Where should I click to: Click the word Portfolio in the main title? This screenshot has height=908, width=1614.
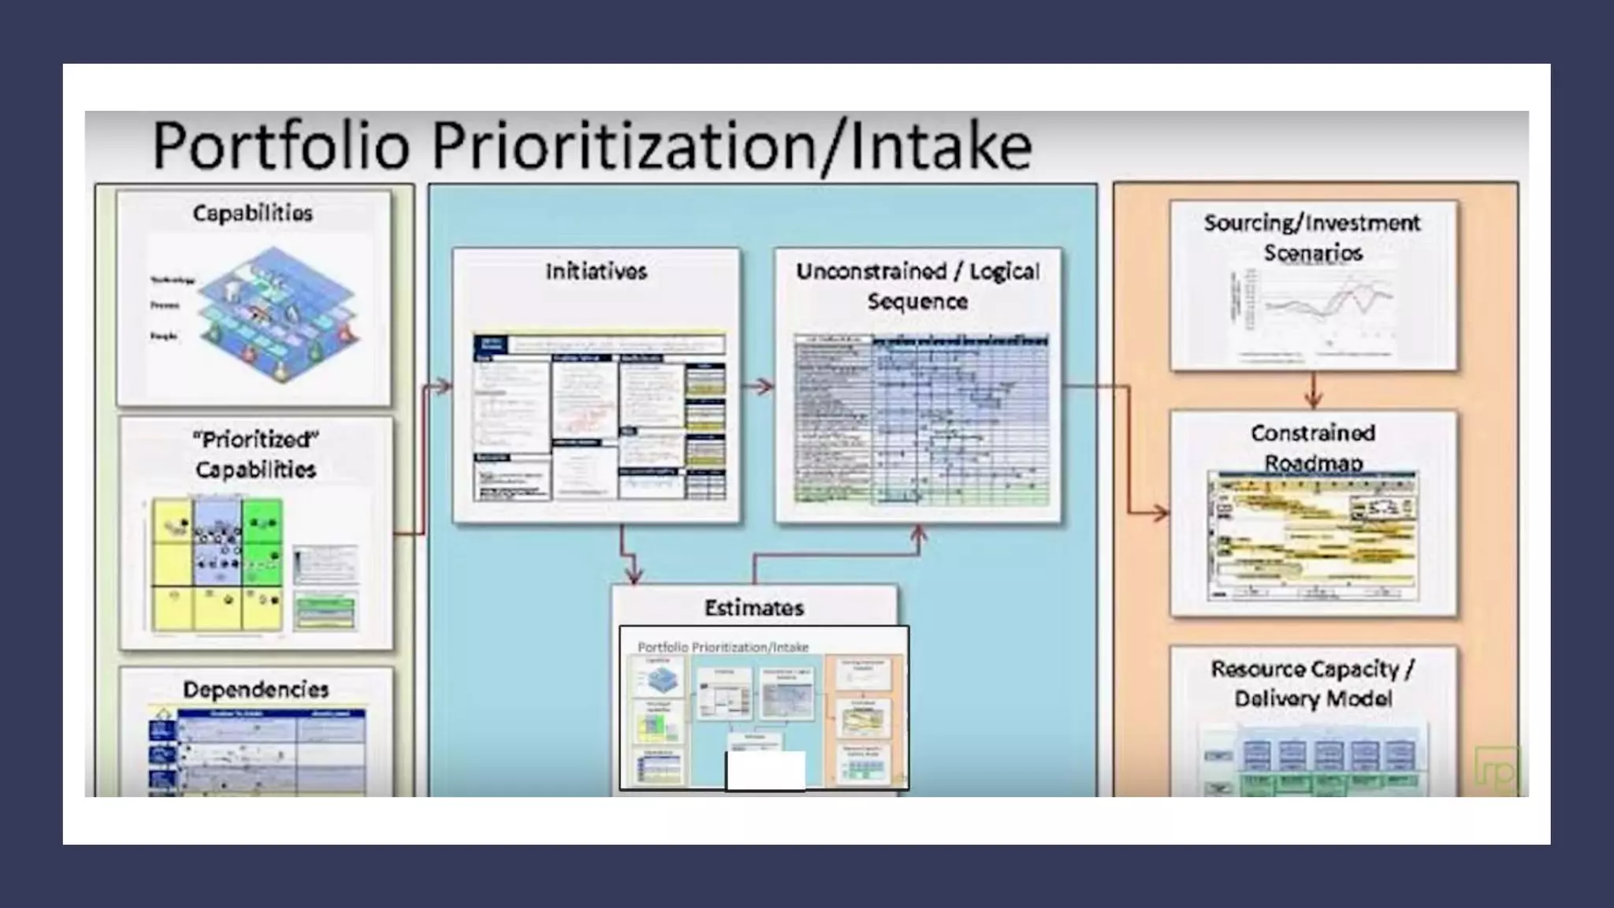click(281, 146)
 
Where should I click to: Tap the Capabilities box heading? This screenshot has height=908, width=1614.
click(253, 214)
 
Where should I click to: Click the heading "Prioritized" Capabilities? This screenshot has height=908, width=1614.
click(255, 454)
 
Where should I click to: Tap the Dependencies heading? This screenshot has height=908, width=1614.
click(255, 690)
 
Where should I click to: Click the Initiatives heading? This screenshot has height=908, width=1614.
click(597, 272)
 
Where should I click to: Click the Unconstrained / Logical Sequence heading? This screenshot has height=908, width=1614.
click(917, 286)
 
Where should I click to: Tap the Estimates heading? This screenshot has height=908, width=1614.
click(754, 608)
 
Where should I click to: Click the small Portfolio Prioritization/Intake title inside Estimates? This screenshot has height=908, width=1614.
click(723, 647)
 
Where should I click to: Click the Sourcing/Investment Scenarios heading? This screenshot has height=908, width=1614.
click(1313, 237)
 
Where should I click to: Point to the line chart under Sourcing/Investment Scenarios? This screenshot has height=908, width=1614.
click(1315, 311)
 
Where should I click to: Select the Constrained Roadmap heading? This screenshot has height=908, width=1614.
click(1313, 447)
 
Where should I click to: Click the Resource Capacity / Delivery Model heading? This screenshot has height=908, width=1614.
click(1313, 683)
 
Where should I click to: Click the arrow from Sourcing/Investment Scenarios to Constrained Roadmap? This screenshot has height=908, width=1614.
click(1313, 391)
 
